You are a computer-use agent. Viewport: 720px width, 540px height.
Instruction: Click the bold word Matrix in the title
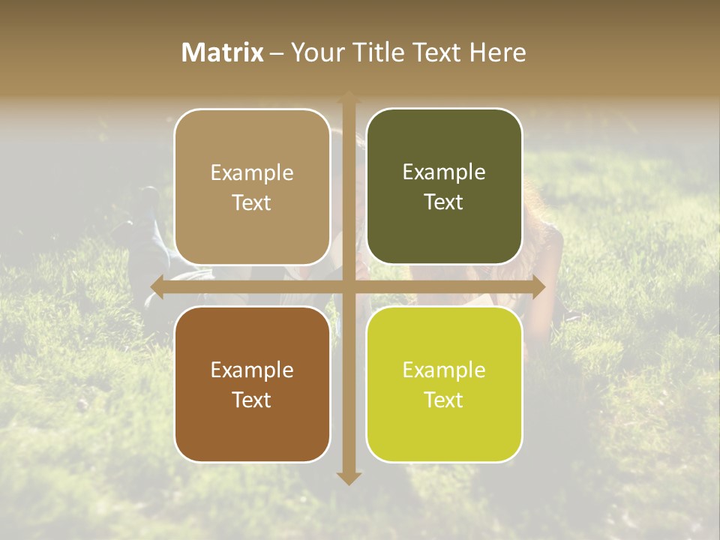[223, 52]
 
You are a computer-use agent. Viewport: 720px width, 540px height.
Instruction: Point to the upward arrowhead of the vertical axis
[349, 98]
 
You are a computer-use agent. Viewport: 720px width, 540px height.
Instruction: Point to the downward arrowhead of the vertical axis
[349, 478]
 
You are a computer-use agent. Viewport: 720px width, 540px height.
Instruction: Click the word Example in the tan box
[252, 173]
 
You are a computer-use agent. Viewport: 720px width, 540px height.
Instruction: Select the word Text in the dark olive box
[444, 202]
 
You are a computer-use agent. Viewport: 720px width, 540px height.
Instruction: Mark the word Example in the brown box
[252, 370]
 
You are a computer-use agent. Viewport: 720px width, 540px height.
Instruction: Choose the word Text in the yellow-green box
[444, 400]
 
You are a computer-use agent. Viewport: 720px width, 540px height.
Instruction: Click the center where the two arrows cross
[349, 286]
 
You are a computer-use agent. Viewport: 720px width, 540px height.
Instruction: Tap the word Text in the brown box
[252, 400]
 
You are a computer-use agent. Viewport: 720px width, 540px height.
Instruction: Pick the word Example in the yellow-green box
[444, 370]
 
